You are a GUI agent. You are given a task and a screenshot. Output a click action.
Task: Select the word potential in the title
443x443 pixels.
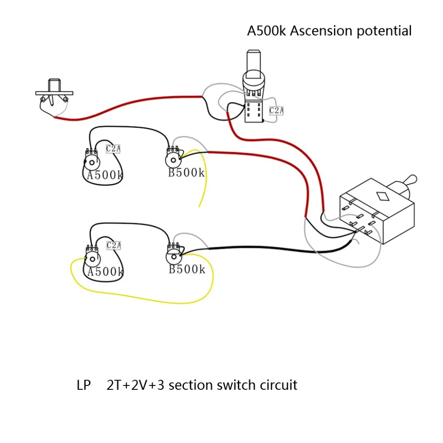[x=384, y=31]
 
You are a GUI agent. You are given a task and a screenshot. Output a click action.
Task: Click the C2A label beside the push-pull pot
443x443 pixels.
[x=276, y=110]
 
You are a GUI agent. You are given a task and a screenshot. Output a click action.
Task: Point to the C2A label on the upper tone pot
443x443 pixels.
[x=113, y=148]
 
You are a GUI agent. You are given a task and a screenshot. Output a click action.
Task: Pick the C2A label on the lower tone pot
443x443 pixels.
[x=113, y=245]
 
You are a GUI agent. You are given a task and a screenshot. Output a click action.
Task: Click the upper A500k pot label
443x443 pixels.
[x=105, y=175]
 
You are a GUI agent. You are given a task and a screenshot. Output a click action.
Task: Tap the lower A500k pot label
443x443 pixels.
[x=106, y=272]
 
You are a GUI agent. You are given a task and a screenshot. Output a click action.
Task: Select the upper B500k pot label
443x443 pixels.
[x=186, y=173]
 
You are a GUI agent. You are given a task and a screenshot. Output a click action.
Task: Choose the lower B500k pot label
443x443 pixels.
[x=187, y=269]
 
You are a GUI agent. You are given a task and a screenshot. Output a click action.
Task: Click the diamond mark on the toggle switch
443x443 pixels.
[x=383, y=196]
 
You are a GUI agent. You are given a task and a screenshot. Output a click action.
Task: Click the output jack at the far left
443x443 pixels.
[x=54, y=97]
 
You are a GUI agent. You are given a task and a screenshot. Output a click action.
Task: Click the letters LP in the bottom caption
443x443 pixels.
[x=84, y=385]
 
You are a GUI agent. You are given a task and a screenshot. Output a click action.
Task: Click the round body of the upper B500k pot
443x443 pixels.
[x=173, y=160]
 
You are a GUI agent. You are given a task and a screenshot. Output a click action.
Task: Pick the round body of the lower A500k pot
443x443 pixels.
[x=93, y=259]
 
